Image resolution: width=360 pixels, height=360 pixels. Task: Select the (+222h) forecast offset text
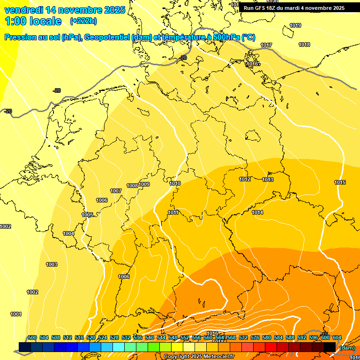[x=83, y=21]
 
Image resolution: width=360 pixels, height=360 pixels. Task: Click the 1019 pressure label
[x=295, y=25]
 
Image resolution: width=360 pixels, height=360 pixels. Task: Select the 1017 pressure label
[x=266, y=45]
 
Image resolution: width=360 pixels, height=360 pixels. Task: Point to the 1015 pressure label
[x=340, y=182]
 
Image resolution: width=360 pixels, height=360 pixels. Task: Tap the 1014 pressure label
[x=257, y=212]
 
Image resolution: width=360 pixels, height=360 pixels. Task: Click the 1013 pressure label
[x=268, y=180]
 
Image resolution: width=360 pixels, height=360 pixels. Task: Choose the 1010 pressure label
[x=175, y=183]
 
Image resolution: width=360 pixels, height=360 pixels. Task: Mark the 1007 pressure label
[x=116, y=191]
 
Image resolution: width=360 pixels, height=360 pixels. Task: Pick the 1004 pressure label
[x=68, y=233]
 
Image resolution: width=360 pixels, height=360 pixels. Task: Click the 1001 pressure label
[x=16, y=314]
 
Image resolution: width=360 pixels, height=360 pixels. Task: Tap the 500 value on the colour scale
[x=32, y=337]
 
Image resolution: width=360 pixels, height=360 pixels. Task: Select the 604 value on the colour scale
[x=337, y=337]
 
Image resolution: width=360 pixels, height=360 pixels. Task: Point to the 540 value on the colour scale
[x=150, y=337]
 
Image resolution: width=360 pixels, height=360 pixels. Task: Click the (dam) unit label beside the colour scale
[x=347, y=348]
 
